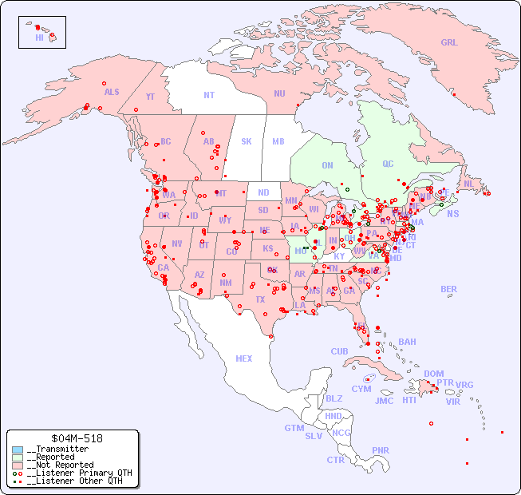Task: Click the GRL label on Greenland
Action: click(x=449, y=43)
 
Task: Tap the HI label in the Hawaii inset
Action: click(x=39, y=38)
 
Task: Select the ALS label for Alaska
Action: click(x=112, y=92)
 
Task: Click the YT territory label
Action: click(x=150, y=97)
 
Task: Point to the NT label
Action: click(x=208, y=95)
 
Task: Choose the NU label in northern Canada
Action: click(x=279, y=93)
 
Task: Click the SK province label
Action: click(x=247, y=141)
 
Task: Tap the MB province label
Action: click(x=278, y=141)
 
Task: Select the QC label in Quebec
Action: click(x=388, y=164)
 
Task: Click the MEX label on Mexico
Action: click(x=244, y=358)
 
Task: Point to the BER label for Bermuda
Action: click(x=449, y=289)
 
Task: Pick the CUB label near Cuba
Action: click(x=339, y=351)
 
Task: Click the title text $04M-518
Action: click(x=75, y=438)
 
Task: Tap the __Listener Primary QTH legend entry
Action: click(x=78, y=473)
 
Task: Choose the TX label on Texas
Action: click(x=260, y=299)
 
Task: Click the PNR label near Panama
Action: click(x=381, y=450)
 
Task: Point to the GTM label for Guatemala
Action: click(x=294, y=428)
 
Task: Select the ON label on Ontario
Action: click(x=327, y=165)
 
